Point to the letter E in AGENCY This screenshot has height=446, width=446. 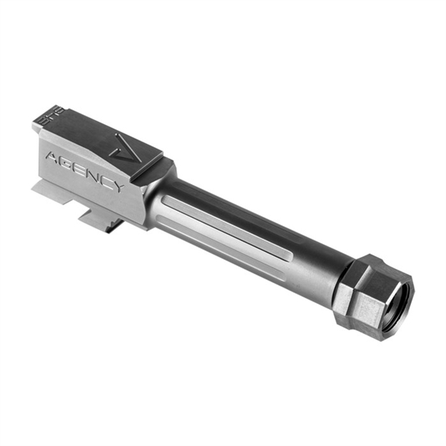click(78, 167)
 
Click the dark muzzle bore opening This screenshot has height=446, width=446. click(396, 303)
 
